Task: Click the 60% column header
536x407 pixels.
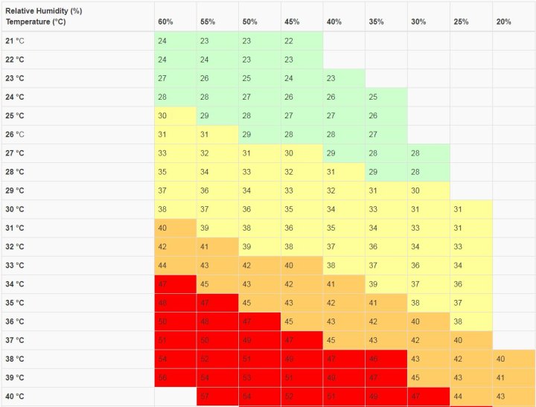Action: pyautogui.click(x=165, y=22)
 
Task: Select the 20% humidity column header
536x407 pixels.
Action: pyautogui.click(x=503, y=22)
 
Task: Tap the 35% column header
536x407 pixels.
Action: pyautogui.click(x=376, y=22)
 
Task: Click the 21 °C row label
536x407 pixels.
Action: pyautogui.click(x=15, y=41)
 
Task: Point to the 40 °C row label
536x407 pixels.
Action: pyautogui.click(x=15, y=397)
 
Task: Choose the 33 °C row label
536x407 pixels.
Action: pyautogui.click(x=15, y=266)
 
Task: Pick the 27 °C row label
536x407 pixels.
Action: pyautogui.click(x=15, y=153)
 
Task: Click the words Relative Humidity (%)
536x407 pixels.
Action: pyautogui.click(x=44, y=12)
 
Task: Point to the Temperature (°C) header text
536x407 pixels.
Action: pyautogui.click(x=35, y=22)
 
